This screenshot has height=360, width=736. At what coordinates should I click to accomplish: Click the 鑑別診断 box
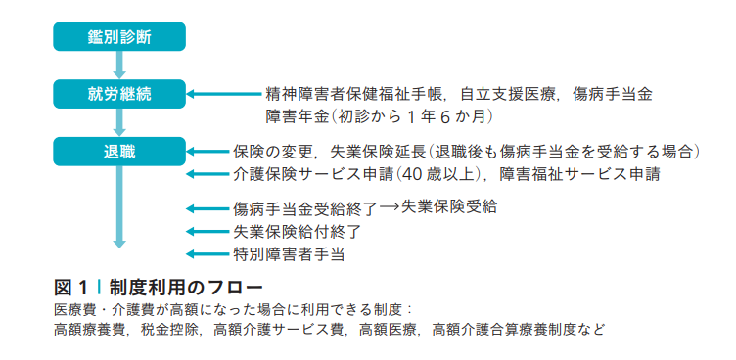(x=119, y=36)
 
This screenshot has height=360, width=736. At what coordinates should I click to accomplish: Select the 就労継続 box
(x=119, y=94)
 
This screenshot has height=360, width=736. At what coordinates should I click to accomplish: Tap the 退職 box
(x=119, y=151)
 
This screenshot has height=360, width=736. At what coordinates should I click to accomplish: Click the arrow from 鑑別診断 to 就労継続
(x=119, y=65)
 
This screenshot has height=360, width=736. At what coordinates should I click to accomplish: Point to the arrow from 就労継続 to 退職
(x=119, y=122)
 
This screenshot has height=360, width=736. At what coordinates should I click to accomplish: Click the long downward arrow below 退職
(x=119, y=206)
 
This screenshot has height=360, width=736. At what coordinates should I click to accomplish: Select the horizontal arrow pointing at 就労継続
(x=224, y=94)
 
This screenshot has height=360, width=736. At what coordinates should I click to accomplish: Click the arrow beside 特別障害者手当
(x=207, y=254)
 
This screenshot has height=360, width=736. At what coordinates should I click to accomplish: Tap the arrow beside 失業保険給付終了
(x=207, y=232)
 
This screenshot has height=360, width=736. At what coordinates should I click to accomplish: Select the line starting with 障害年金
(x=380, y=116)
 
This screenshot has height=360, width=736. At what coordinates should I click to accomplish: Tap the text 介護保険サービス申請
(x=312, y=174)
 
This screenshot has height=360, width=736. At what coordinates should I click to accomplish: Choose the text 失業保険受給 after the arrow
(x=448, y=207)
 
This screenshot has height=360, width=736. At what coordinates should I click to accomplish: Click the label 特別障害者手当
(x=289, y=254)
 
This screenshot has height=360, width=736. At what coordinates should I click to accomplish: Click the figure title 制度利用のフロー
(x=185, y=287)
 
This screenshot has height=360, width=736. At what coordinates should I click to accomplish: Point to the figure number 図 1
(x=71, y=287)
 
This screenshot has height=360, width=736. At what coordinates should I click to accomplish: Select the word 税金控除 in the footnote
(x=171, y=329)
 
